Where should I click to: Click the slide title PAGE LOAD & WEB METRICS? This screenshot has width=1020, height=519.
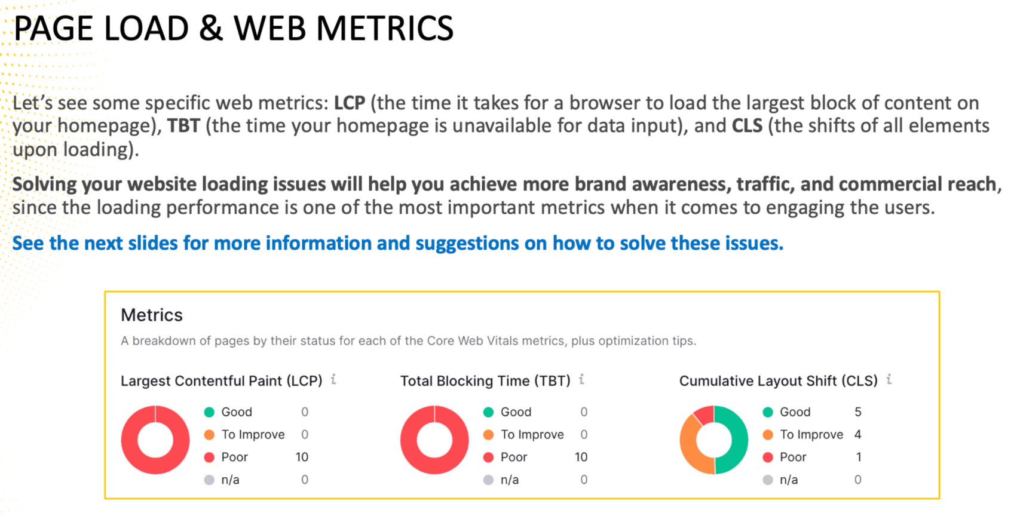[x=233, y=29]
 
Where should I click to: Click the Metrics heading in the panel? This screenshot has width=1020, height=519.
[x=152, y=315]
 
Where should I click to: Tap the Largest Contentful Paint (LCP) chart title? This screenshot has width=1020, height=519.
[x=221, y=381]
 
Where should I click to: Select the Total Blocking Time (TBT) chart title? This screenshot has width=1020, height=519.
[x=485, y=381]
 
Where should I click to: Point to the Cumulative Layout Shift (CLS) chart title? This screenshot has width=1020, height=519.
[x=778, y=381]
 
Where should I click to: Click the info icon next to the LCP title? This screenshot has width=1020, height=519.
[x=333, y=379]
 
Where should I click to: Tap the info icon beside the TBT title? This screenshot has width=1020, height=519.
[x=581, y=379]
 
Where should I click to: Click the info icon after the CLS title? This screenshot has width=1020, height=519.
[x=889, y=379]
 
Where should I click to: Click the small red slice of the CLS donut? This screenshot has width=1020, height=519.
[x=704, y=414]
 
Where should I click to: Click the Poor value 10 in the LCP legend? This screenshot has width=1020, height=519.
[x=302, y=457]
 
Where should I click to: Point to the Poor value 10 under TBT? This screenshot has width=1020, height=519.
[x=581, y=457]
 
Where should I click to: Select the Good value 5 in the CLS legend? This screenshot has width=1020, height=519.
[x=858, y=412]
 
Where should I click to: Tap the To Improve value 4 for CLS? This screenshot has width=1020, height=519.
[x=858, y=435]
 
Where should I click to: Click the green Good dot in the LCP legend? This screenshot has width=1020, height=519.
[x=209, y=412]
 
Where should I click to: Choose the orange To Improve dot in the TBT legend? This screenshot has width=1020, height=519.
[x=488, y=435]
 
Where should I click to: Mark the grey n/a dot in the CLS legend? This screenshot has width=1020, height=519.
[x=768, y=480]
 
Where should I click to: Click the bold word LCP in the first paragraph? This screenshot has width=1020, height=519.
[x=349, y=103]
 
